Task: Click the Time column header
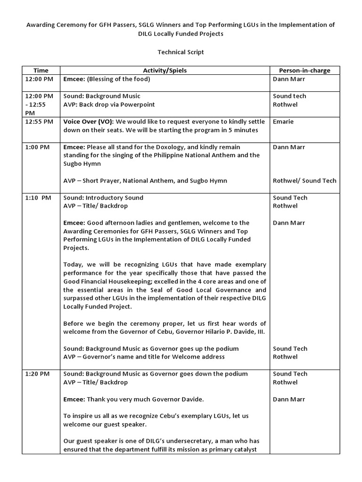[x=41, y=71]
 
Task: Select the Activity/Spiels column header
[x=165, y=71]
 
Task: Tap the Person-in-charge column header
[x=301, y=71]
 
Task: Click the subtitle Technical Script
[x=181, y=52]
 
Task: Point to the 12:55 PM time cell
[x=37, y=121]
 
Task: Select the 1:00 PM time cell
[x=37, y=147]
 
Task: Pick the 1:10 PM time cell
[x=38, y=198]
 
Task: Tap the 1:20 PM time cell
[x=37, y=374]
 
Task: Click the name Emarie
[x=283, y=121]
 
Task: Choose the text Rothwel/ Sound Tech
[x=304, y=181]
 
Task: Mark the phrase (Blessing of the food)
[x=118, y=79]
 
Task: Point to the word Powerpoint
[x=137, y=104]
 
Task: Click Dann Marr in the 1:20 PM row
[x=289, y=399]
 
